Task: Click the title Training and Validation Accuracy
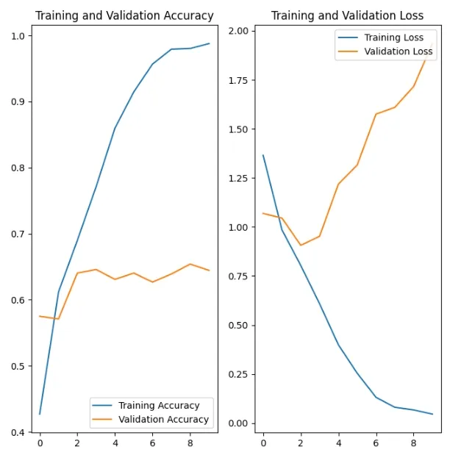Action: pyautogui.click(x=124, y=15)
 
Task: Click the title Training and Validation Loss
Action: pyautogui.click(x=347, y=15)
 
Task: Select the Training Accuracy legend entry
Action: pyautogui.click(x=159, y=405)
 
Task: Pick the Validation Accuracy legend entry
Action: pyautogui.click(x=163, y=420)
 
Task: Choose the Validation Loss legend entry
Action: pyautogui.click(x=399, y=51)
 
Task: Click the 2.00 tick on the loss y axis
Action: pyautogui.click(x=237, y=31)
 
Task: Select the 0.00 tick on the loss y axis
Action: pyautogui.click(x=237, y=423)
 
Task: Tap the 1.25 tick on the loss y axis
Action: pyautogui.click(x=237, y=178)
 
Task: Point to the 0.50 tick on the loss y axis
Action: pyautogui.click(x=237, y=326)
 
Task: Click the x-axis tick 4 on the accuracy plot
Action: pyautogui.click(x=115, y=443)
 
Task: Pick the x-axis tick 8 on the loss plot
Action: pyautogui.click(x=413, y=443)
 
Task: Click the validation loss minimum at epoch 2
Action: pyautogui.click(x=301, y=245)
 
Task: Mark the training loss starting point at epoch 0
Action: pyautogui.click(x=263, y=155)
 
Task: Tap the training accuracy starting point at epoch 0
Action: pyautogui.click(x=40, y=414)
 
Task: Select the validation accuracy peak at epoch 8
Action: pyautogui.click(x=190, y=264)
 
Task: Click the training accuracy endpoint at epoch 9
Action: pyautogui.click(x=209, y=43)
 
